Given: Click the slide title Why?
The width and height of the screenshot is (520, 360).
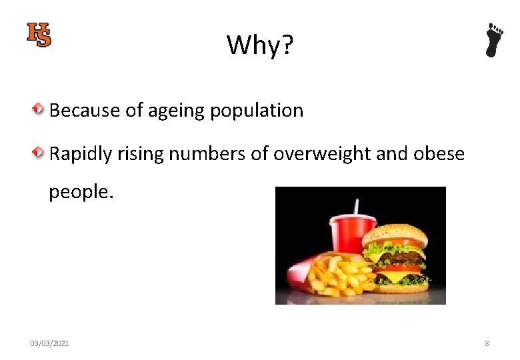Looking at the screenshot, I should point(260,45).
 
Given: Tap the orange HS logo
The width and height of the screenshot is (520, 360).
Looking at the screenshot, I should point(39,35).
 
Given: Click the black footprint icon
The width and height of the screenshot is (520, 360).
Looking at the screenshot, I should point(493,40).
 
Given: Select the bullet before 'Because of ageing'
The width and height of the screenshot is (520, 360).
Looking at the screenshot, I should point(40,109).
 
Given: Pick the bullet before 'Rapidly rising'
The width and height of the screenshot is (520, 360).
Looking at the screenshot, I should point(40,153).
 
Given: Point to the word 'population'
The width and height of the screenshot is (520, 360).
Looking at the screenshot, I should point(257,111).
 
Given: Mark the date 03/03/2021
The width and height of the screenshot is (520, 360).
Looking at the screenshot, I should point(49,343).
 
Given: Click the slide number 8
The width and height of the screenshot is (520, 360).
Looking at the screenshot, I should point(487,343).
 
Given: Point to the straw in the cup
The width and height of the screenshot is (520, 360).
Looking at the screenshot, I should point(356,207).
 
